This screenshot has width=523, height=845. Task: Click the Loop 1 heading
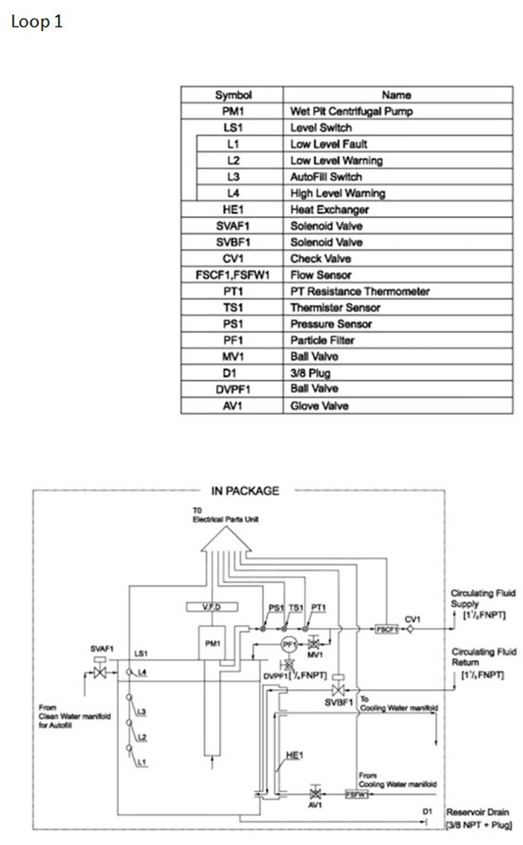coord(36,22)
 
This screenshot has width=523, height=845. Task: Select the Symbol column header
coord(233,95)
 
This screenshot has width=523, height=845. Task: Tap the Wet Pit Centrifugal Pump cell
coord(351,111)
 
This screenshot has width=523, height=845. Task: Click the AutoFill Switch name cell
coord(326,177)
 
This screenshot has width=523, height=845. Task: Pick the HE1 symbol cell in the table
coord(233,210)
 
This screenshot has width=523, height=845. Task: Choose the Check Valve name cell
coord(321,259)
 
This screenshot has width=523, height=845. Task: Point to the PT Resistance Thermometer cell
coord(360,292)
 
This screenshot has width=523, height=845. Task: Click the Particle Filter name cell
coord(322,341)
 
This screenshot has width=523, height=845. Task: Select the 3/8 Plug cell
coord(310,373)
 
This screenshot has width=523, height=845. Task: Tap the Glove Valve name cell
coord(319,406)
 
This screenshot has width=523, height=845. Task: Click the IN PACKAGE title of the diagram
coord(245,491)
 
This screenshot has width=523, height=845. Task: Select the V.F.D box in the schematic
coord(212,607)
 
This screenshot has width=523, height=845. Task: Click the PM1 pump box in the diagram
coord(212,643)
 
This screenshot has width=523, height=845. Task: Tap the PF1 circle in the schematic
coord(289,644)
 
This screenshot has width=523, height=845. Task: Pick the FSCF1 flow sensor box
coord(387,630)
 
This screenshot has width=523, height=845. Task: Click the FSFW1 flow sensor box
coord(356,794)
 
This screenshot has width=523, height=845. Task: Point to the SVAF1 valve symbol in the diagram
coord(99,672)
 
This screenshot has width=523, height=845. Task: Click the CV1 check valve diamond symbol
coord(410,629)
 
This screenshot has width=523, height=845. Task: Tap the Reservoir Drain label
coord(478,812)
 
